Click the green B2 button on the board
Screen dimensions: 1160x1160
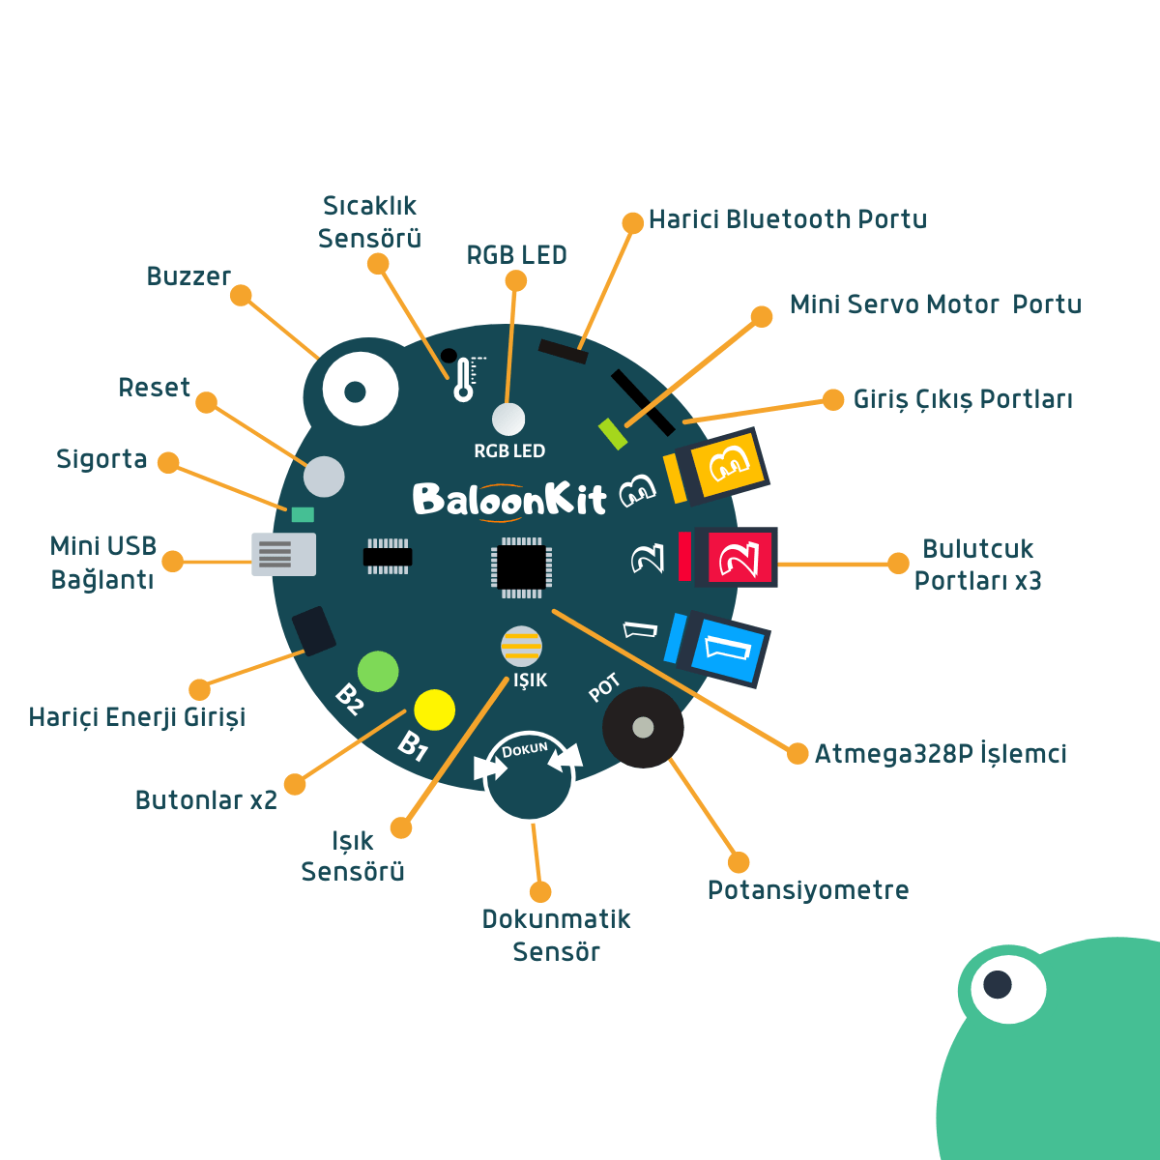[378, 671]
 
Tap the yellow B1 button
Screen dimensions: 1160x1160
[434, 710]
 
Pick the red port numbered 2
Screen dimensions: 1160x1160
[740, 558]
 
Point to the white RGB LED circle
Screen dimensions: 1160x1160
[508, 420]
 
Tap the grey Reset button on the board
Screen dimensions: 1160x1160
[324, 477]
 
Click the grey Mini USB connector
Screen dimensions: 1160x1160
[283, 554]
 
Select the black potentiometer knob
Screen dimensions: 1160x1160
[643, 727]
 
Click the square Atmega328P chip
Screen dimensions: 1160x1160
[521, 565]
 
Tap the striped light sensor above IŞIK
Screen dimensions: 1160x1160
[521, 647]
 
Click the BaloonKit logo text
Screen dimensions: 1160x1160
[508, 499]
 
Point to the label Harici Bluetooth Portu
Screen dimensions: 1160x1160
[787, 220]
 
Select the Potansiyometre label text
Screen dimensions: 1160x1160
[808, 890]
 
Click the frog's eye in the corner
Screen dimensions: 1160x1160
[998, 985]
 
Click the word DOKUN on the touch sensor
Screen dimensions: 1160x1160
[525, 749]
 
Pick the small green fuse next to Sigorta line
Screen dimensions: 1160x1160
[303, 514]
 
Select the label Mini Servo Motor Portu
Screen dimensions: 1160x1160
[935, 304]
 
